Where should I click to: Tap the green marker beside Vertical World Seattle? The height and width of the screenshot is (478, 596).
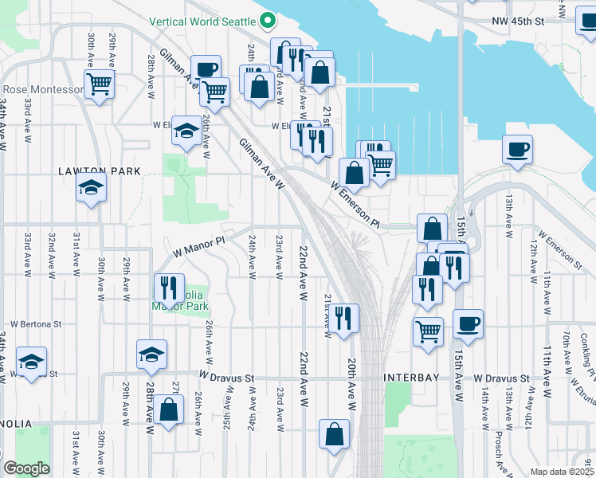269,20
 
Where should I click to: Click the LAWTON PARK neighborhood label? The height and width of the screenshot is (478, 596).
100,171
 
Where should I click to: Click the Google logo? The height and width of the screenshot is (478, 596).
25,468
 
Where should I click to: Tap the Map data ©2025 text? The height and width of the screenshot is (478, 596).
562,472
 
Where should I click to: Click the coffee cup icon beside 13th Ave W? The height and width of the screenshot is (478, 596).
518,149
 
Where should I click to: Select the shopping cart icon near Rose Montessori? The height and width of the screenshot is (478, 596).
100,83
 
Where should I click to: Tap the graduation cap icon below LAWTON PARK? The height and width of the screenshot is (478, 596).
92,188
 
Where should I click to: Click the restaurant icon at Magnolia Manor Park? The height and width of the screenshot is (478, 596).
168,287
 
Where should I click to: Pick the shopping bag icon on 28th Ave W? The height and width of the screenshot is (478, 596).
168,410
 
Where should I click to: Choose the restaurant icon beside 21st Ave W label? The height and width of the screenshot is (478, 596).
343,318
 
